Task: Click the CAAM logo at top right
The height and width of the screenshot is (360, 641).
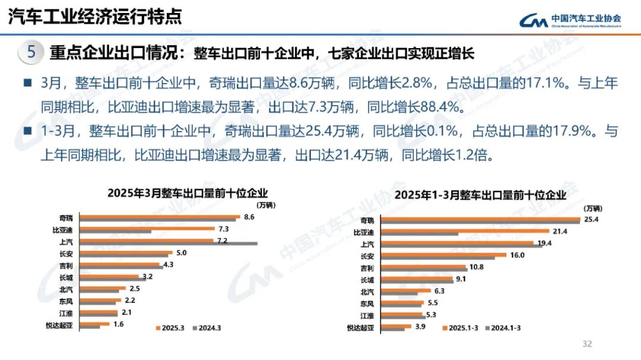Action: tap(570, 20)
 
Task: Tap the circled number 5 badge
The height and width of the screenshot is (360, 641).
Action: tap(31, 52)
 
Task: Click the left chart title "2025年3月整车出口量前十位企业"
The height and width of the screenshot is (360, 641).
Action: tap(188, 193)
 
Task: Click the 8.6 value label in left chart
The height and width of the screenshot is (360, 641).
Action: tap(249, 217)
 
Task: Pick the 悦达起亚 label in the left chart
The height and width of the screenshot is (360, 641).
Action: tap(62, 325)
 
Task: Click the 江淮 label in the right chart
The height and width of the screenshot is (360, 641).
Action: tap(367, 315)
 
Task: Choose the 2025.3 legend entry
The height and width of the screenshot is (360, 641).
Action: tap(170, 327)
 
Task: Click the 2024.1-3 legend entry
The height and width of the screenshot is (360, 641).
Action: tap(504, 327)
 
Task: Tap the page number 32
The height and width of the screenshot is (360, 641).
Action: tap(588, 344)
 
